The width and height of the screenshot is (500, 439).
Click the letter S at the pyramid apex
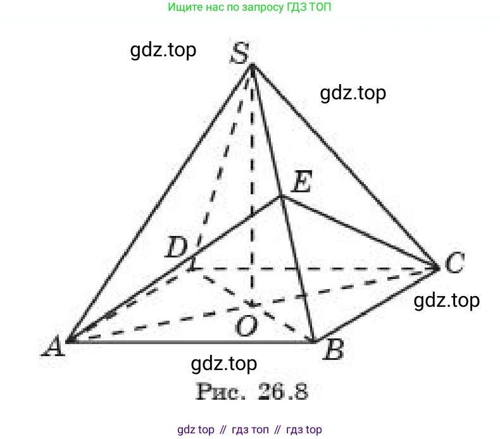coord(240,53)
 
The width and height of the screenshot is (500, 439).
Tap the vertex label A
coord(54,345)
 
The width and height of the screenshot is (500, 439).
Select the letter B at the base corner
coord(334,350)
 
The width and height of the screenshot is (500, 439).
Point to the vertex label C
coord(454,262)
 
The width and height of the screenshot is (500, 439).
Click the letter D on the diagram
coord(177,247)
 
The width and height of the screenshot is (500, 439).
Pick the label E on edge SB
coord(302,182)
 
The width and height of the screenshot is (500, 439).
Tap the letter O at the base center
coord(246,326)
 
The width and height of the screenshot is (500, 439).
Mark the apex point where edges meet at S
coord(253,66)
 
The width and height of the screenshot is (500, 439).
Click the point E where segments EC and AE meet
coord(281,197)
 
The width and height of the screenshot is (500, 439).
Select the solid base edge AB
coord(191,342)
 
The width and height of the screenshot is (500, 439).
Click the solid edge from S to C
coord(345,167)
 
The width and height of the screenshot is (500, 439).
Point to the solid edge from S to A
coord(159,204)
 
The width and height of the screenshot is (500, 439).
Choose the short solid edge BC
coord(377,306)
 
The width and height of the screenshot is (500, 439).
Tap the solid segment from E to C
coord(359,233)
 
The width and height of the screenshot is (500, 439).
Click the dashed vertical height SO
coord(253,185)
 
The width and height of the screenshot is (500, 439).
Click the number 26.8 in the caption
coord(283,391)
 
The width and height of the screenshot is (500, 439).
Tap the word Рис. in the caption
coord(221,391)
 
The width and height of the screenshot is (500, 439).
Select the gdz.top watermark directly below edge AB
coord(224,364)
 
